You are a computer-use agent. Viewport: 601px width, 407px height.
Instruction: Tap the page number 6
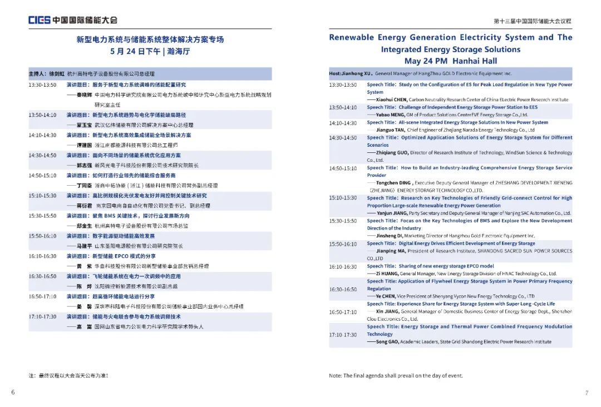(13, 393)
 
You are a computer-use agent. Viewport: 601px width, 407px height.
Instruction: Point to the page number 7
(587, 393)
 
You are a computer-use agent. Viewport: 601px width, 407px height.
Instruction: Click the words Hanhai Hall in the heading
(475, 61)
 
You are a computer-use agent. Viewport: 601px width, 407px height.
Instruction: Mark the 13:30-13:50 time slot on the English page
(343, 85)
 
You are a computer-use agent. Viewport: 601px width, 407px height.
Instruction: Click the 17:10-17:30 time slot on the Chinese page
(42, 317)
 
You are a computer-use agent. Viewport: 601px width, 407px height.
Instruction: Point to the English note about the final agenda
(395, 376)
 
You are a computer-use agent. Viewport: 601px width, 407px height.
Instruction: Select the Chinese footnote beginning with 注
(68, 376)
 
